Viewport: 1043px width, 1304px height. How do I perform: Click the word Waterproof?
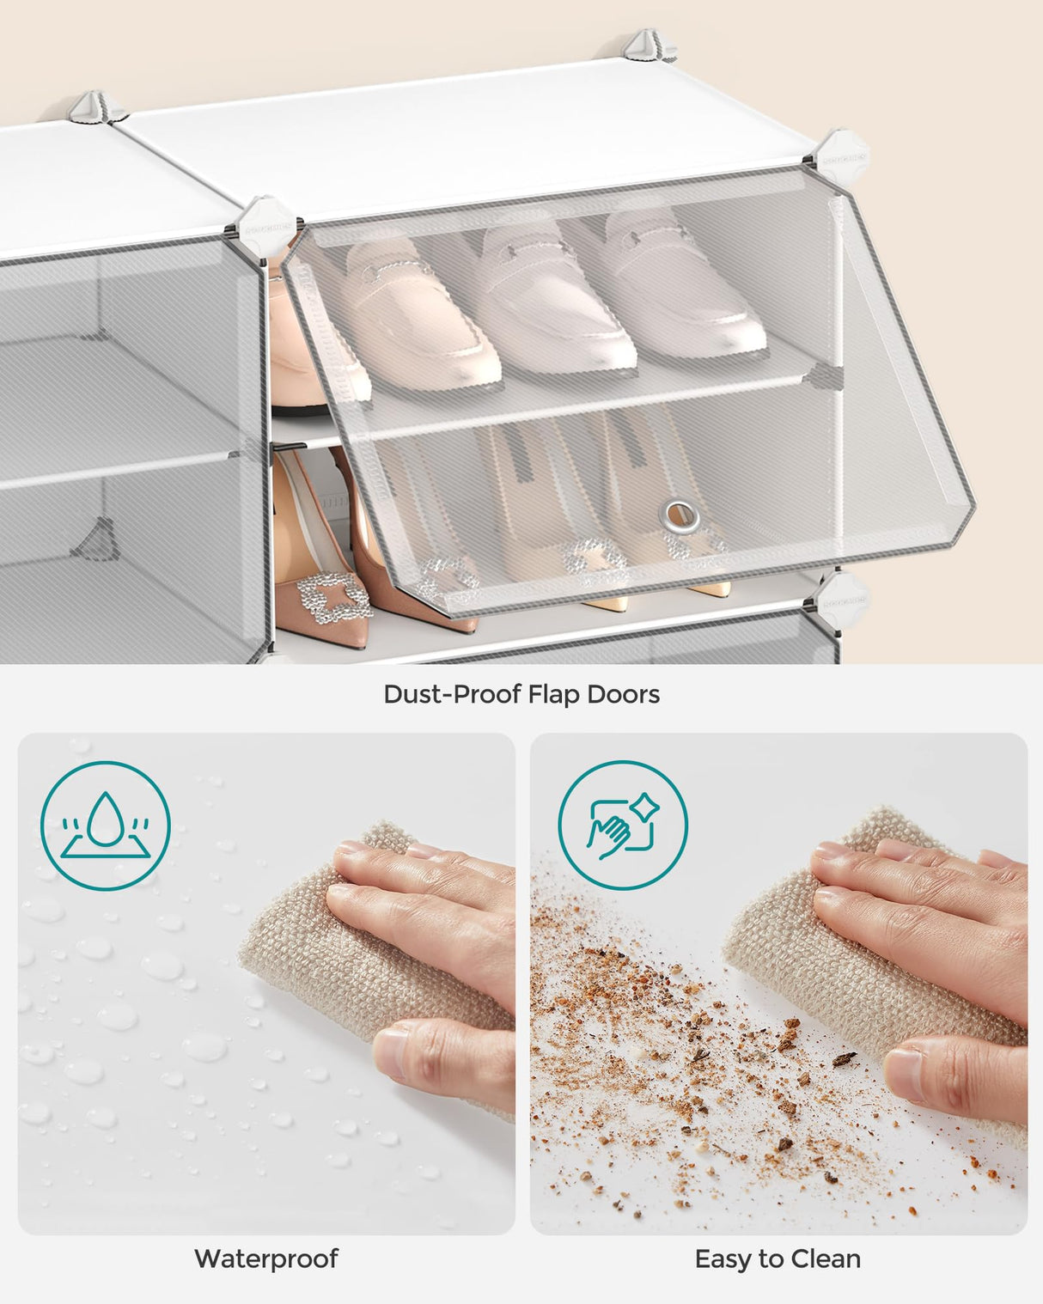click(266, 1258)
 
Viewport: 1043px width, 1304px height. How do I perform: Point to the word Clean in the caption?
click(825, 1258)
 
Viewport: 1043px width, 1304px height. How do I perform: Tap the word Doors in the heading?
click(624, 694)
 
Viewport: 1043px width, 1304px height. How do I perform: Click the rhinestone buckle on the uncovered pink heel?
click(333, 596)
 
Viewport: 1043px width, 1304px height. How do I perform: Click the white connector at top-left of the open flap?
click(267, 221)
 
